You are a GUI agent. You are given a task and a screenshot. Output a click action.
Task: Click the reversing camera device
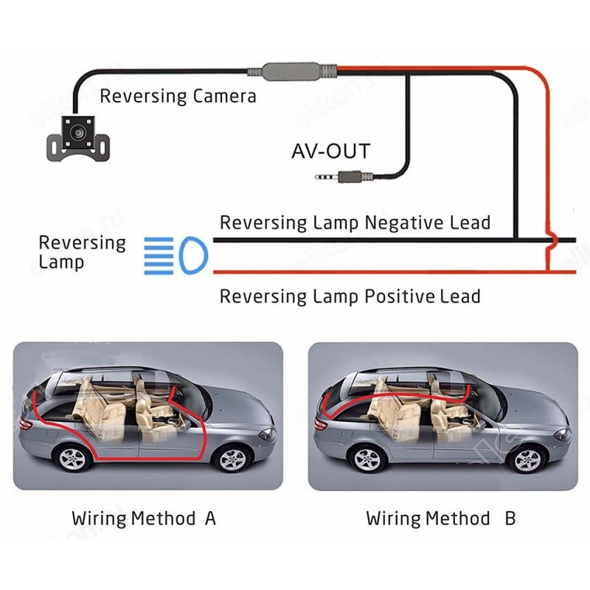(75, 138)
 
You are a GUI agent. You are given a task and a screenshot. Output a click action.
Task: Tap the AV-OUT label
(330, 152)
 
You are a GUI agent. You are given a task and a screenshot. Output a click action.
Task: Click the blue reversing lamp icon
(176, 254)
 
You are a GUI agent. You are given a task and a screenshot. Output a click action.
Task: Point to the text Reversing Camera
(178, 96)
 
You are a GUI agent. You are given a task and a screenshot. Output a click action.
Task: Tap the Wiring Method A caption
(144, 518)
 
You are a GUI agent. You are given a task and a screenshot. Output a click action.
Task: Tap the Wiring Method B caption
(440, 518)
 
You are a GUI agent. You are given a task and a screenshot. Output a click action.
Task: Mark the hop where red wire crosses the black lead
(549, 240)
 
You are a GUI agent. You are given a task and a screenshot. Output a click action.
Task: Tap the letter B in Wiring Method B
(510, 518)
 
